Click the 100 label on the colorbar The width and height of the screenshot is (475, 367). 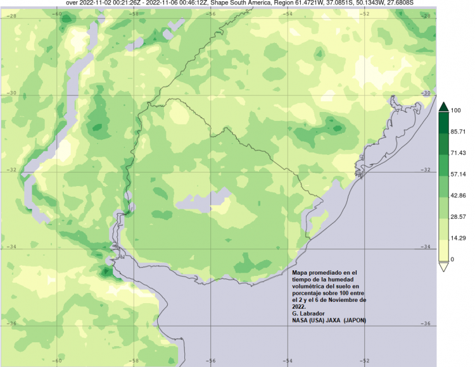click(455, 110)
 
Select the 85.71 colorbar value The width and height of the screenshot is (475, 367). click(457, 132)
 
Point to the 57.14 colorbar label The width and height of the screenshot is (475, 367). click(457, 174)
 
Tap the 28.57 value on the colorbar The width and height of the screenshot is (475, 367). click(457, 216)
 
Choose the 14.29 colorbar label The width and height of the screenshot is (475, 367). click(457, 238)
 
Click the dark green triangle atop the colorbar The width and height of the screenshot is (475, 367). click(443, 107)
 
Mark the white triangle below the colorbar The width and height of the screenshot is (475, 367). click(443, 266)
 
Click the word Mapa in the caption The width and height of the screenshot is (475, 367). click(302, 271)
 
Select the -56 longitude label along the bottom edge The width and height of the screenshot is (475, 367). click(210, 361)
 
